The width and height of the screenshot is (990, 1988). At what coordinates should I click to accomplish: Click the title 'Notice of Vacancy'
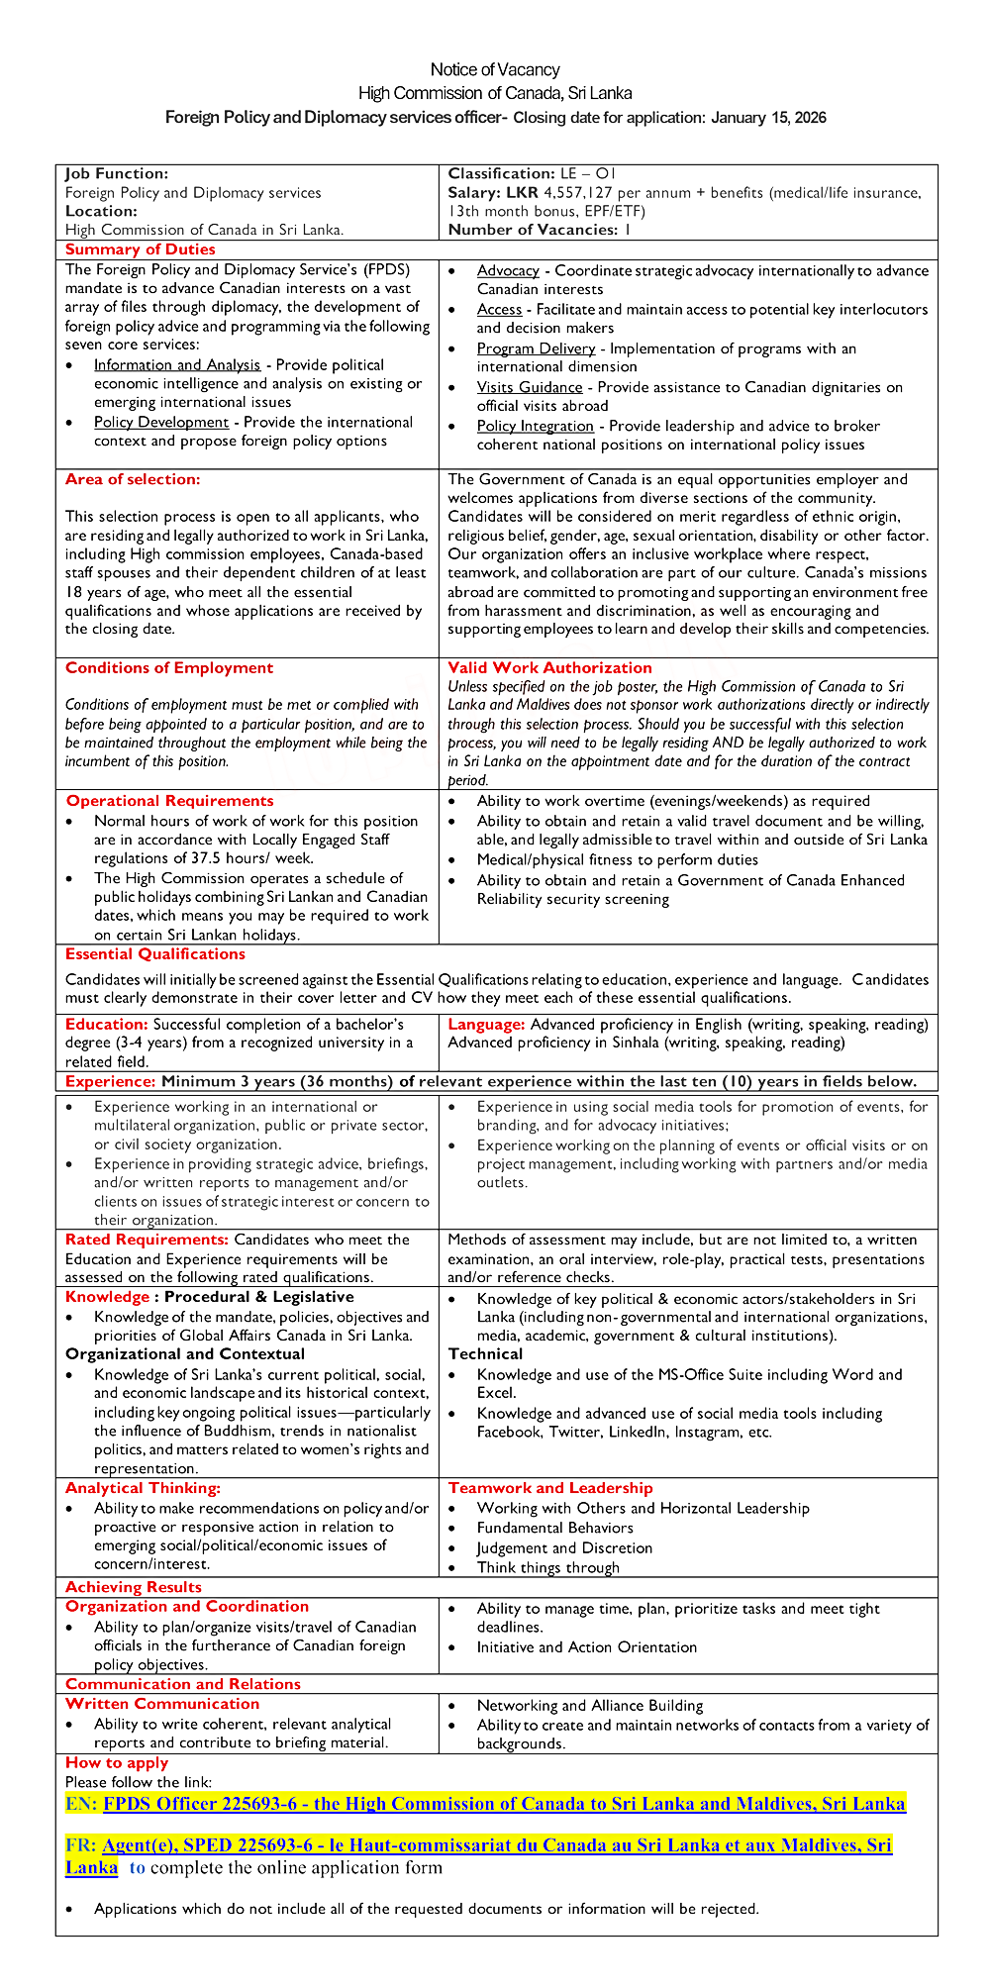click(495, 69)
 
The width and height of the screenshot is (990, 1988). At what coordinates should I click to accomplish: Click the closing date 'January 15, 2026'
click(768, 118)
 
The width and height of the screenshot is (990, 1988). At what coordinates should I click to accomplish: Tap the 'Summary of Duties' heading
click(140, 249)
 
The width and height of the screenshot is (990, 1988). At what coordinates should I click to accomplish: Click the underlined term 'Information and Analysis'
click(177, 365)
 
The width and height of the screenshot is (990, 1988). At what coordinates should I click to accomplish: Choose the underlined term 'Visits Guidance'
click(530, 387)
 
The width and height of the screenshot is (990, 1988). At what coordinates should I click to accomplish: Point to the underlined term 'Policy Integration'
click(536, 426)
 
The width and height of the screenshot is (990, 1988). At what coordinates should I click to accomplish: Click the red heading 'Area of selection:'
click(133, 479)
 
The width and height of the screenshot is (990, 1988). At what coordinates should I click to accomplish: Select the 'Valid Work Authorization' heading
click(549, 668)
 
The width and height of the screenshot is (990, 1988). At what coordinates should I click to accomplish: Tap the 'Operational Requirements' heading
click(169, 801)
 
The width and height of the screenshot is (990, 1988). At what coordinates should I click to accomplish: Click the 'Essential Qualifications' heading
click(154, 954)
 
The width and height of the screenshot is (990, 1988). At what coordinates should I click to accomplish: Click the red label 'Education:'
click(107, 1025)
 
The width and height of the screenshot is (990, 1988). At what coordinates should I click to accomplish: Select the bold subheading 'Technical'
click(485, 1354)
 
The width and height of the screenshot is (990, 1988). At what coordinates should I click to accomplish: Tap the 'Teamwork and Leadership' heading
click(550, 1488)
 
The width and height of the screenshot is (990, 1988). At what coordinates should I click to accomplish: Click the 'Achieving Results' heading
click(134, 1587)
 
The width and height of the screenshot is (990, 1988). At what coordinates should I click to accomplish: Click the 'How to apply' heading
click(117, 1762)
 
